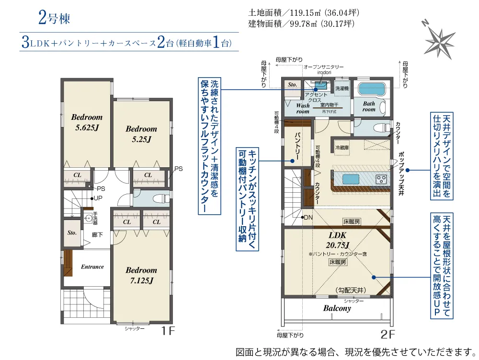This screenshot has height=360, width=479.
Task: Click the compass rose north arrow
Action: [x=439, y=39]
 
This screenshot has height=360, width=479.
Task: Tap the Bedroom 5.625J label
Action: [x=87, y=122]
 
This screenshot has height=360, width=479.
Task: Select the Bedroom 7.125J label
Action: [x=141, y=275]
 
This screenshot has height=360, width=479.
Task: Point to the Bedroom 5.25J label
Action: [x=141, y=134]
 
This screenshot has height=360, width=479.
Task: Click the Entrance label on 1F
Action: [x=92, y=267]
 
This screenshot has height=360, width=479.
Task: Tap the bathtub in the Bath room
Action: [x=370, y=89]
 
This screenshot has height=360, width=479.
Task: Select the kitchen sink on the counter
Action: [x=351, y=179]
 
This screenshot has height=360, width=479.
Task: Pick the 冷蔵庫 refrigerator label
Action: [x=342, y=148]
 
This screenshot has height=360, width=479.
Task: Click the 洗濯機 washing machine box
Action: [x=342, y=88]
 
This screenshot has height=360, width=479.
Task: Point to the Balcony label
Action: [x=337, y=308]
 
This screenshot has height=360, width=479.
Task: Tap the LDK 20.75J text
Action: [x=338, y=240]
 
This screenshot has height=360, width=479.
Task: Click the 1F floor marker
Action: [x=168, y=331]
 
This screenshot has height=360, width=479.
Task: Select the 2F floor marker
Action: [x=388, y=334]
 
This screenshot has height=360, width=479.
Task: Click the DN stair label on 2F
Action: [x=308, y=217]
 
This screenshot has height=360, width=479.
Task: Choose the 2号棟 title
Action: [x=55, y=17]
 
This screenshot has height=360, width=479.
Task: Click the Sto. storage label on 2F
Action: [x=292, y=84]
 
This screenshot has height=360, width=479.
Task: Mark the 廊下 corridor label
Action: [x=97, y=235]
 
